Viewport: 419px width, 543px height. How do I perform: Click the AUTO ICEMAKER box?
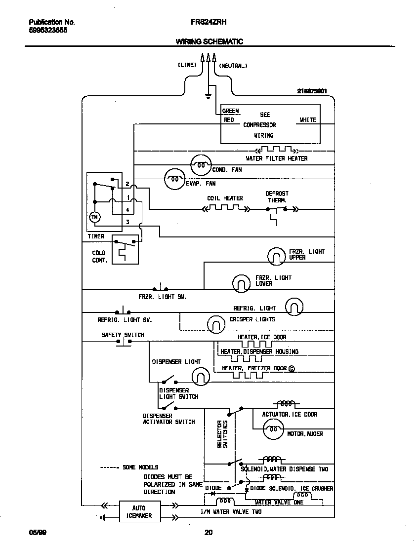coord(139,511)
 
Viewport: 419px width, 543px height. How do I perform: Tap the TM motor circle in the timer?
coord(94,217)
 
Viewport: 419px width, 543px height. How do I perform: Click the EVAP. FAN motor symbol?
coord(174,179)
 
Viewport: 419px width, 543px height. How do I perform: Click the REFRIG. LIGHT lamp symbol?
coord(294,307)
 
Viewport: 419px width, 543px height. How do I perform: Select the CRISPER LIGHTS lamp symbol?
coord(216,324)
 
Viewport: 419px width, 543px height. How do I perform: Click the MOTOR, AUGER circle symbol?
coord(273,430)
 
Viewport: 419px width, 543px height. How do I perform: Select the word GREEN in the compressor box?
coord(230,111)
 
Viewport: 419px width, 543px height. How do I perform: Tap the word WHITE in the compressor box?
coord(307,120)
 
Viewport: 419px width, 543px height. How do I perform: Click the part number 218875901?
coord(312,91)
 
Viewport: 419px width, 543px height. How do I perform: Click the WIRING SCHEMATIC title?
coord(209,42)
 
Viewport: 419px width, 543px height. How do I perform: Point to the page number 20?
coord(209,532)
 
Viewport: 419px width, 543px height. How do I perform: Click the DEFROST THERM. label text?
coord(277,197)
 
